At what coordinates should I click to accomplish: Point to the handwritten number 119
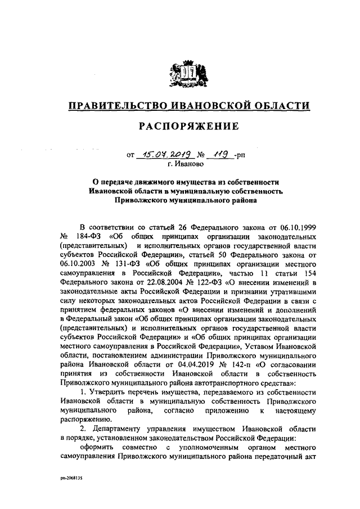pyautogui.click(x=217, y=154)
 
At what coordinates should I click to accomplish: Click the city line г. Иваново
pyautogui.click(x=186, y=164)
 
